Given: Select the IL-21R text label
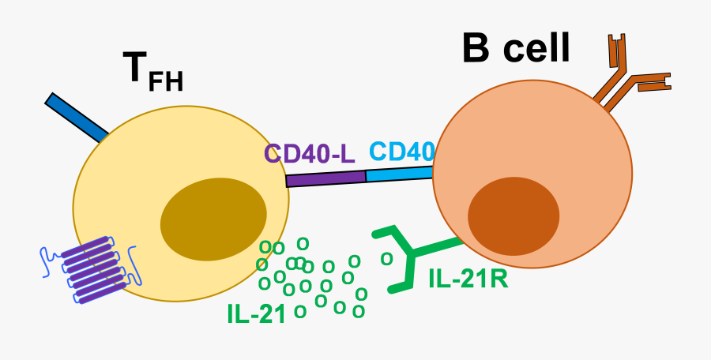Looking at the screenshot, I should (468, 278).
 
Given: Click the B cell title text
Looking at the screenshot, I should (515, 49).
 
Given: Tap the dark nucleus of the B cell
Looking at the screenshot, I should (513, 216).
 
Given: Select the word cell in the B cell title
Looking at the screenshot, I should (538, 49).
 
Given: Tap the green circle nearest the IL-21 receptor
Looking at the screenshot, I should (386, 258).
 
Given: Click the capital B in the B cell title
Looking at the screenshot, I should (477, 49).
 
